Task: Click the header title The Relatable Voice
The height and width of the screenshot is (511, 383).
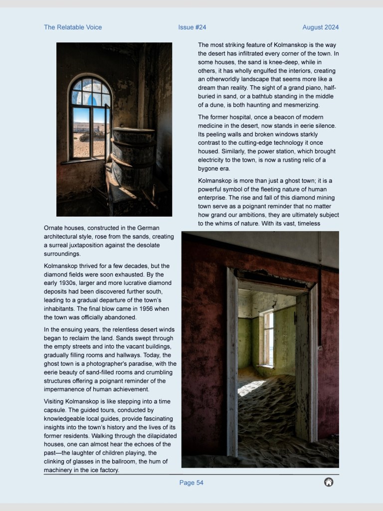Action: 73,27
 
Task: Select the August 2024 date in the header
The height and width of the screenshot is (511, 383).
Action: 320,27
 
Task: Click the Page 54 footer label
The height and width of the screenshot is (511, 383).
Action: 191,483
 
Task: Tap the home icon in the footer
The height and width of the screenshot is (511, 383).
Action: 329,482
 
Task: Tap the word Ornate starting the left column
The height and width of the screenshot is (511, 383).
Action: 55,228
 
